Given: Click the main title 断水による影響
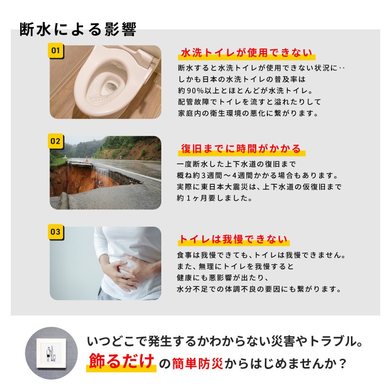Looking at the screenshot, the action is coord(78,29).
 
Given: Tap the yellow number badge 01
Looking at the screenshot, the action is coord(56,51).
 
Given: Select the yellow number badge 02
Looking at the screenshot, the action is coord(56,141).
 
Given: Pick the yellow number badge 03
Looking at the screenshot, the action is coord(56,232).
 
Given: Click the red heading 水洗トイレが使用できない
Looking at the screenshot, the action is coord(246,53).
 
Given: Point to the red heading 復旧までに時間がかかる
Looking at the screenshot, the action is coord(241,149).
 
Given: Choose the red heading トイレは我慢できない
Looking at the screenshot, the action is coord(233,239).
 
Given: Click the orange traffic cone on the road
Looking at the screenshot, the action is coord(87,159).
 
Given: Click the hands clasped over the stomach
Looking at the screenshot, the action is coord(127,273).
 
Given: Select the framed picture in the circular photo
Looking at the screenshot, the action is coord(51,353).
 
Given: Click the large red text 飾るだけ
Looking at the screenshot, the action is coord(121,361).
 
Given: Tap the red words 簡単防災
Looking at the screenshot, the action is coord(197,364).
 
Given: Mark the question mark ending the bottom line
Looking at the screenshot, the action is coord(343,364).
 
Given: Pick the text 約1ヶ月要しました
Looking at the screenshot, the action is coord(215,198).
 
